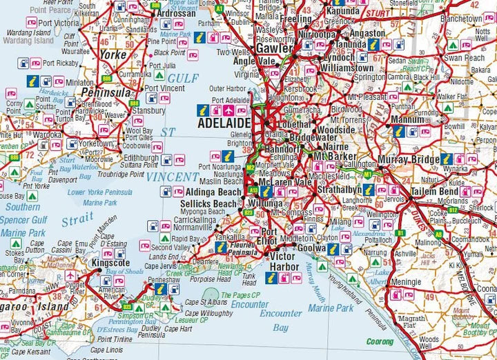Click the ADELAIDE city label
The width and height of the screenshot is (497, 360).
point(224,122)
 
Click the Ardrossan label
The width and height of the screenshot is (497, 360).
point(177,13)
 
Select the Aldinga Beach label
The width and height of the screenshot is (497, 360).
point(212,191)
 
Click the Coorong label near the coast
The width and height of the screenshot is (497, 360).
point(380,341)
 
